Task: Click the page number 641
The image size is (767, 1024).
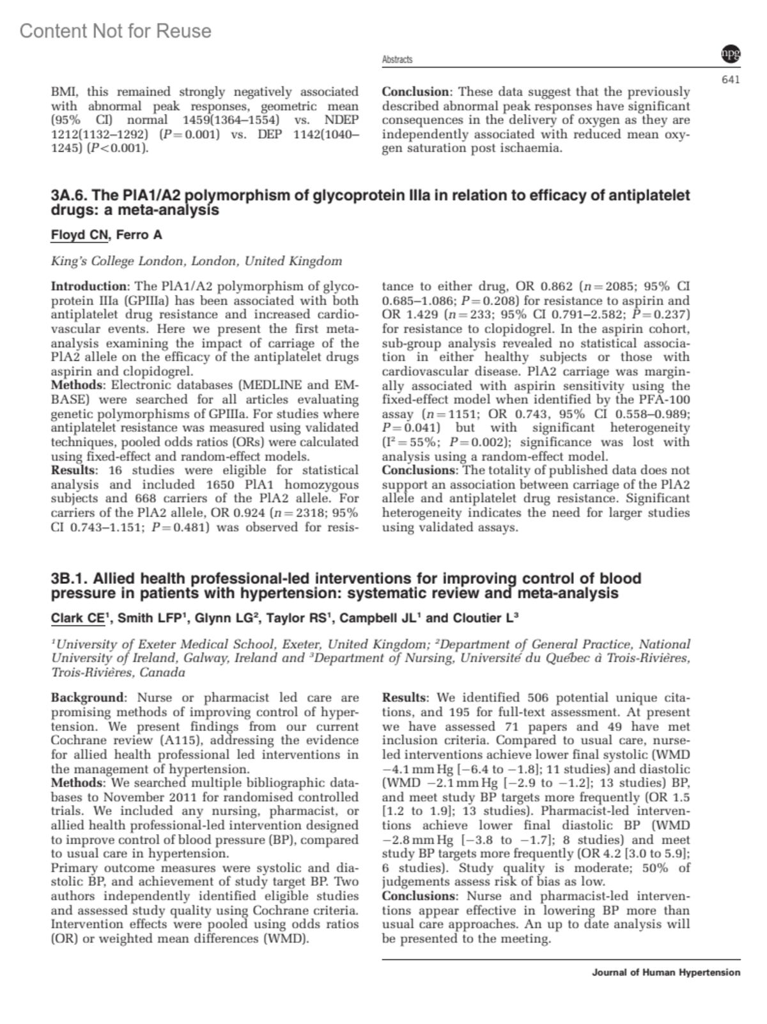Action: click(x=731, y=80)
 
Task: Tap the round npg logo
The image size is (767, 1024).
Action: click(x=731, y=55)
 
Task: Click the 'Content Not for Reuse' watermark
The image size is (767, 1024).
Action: click(x=115, y=31)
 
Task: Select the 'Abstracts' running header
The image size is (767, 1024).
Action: click(x=397, y=59)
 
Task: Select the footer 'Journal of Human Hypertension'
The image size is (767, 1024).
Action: click(x=666, y=972)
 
